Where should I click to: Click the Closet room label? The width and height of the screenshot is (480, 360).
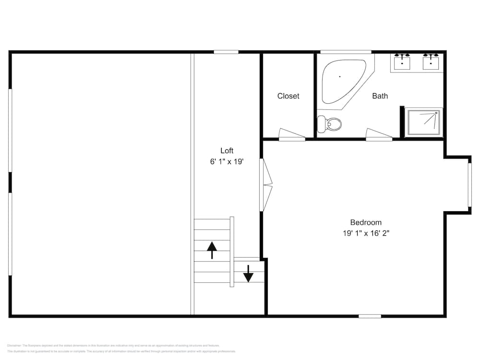coord(288,96)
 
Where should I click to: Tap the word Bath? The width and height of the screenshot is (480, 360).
coord(380,96)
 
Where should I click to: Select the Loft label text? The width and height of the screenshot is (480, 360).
coord(227,151)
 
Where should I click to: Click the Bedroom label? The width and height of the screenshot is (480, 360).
coord(366,222)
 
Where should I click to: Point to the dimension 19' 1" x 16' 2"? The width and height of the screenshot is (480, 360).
coord(366,234)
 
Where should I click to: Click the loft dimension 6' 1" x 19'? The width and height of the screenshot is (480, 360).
coord(227,162)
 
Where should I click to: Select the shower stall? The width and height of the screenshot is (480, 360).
coord(423,122)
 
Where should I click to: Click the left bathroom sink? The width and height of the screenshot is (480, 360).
coord(402,62)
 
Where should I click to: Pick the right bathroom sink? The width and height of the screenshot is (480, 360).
coord(431,62)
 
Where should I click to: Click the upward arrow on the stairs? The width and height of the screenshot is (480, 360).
coord(212,250)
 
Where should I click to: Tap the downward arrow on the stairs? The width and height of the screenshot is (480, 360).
coord(248,274)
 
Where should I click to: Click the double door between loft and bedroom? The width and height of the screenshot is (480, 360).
coord(265,185)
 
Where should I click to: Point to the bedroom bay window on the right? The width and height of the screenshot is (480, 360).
coord(469,185)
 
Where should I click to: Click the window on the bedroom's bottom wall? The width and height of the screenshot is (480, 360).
coord(370,316)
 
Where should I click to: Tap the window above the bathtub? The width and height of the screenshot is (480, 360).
coord(346,52)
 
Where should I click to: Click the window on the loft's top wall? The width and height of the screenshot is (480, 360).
coord(226,52)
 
